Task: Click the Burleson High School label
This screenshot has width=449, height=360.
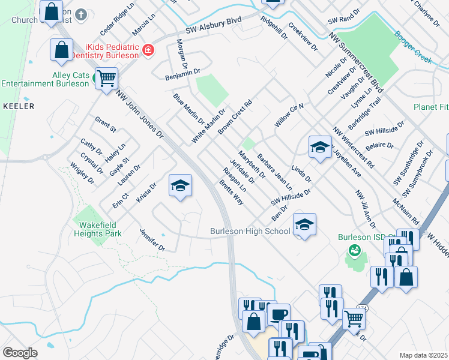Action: pos(249,231)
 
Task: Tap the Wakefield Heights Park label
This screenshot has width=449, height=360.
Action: pos(98,229)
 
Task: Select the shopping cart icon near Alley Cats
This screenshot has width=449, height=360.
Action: pos(106,78)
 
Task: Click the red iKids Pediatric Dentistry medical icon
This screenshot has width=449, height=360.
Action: pos(147,50)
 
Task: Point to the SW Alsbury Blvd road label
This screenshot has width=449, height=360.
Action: pos(214,25)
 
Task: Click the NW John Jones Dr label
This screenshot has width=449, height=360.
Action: pos(140,115)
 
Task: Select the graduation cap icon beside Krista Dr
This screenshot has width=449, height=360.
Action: pos(180,185)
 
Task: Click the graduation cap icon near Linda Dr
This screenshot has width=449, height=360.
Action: pos(320,147)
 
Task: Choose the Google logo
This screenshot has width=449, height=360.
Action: pos(20,353)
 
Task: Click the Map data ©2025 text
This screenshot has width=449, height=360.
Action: pos(423,355)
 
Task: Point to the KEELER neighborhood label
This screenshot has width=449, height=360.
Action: pos(19,106)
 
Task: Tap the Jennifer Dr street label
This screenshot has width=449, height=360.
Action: pos(152,239)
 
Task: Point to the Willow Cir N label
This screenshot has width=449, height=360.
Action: pos(291,113)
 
